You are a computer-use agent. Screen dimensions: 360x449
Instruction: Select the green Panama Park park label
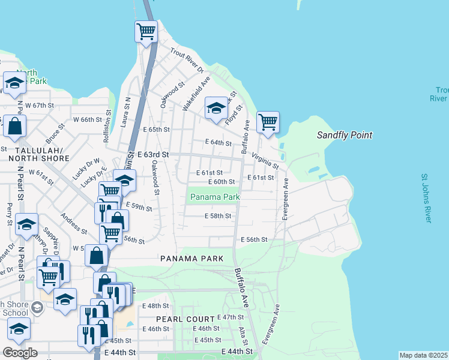214,197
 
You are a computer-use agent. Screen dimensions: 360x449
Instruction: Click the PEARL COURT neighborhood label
185,319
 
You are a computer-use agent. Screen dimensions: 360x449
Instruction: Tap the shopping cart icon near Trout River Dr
146,31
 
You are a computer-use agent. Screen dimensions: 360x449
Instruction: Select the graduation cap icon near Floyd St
216,108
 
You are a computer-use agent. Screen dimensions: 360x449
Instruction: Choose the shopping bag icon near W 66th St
14,127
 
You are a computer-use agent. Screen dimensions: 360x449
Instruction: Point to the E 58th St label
217,216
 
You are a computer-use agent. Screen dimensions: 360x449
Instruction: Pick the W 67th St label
38,105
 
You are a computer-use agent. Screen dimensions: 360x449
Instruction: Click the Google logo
20,352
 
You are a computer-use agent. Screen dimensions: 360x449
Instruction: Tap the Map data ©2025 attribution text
423,355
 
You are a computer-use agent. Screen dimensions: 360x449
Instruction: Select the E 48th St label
156,305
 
